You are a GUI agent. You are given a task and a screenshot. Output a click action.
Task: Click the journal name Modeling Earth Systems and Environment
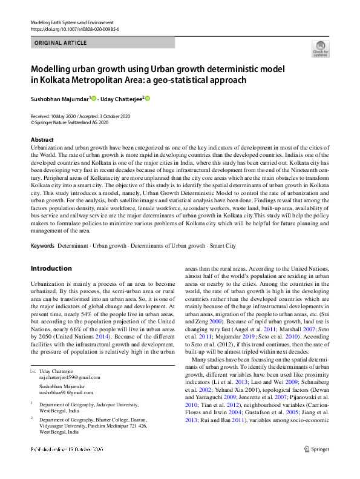tap(67, 22)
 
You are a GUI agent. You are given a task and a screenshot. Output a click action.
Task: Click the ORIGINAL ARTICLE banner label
tap(61, 43)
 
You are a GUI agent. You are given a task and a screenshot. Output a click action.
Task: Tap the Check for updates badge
tap(319, 48)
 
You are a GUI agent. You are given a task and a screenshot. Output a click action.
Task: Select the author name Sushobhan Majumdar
tap(59, 99)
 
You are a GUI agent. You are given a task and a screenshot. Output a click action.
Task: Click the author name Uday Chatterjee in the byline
tap(121, 99)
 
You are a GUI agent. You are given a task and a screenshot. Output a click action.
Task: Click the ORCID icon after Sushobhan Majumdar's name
tap(94, 99)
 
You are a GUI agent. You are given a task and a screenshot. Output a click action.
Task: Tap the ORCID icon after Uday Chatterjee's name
tap(146, 99)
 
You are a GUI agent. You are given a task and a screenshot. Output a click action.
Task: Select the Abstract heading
tap(42, 140)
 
